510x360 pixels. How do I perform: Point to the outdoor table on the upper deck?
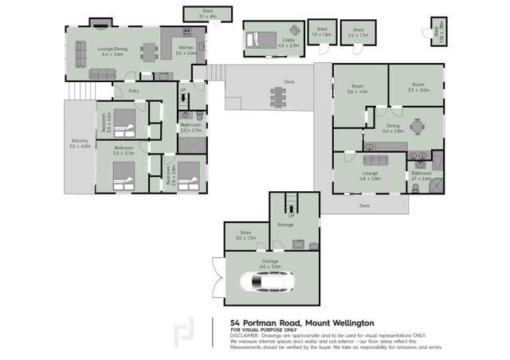pyautogui.click(x=278, y=96)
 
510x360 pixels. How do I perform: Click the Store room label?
pyautogui.click(x=244, y=236)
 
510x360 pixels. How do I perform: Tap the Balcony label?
pyautogui.click(x=80, y=144)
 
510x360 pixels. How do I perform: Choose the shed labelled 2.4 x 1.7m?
pyautogui.click(x=359, y=33)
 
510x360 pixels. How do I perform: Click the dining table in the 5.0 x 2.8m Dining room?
pyautogui.click(x=418, y=127)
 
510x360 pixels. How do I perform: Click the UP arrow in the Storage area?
pyautogui.click(x=292, y=214)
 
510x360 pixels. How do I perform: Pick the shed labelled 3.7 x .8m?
pyautogui.click(x=208, y=13)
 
